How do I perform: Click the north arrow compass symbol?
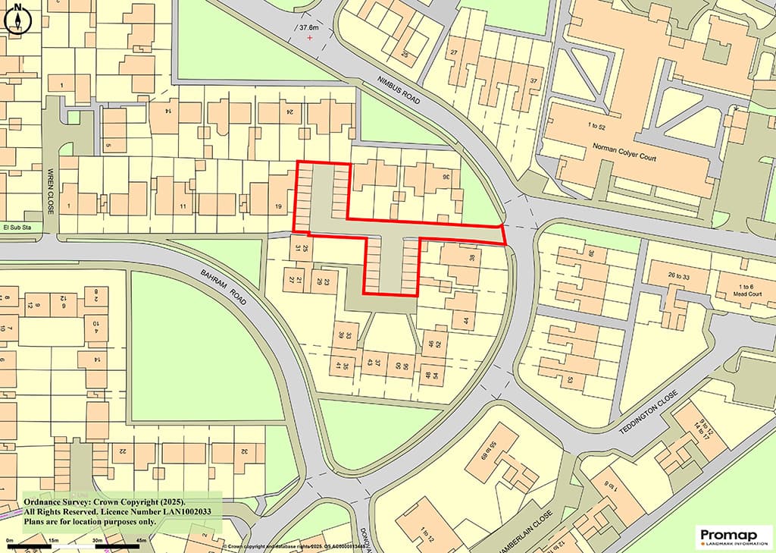click(x=17, y=19)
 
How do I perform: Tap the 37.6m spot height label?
click(x=309, y=28)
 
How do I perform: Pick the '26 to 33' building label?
click(x=665, y=277)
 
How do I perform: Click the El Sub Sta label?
click(x=16, y=226)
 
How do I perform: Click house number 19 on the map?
click(x=279, y=206)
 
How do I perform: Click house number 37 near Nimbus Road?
click(x=534, y=81)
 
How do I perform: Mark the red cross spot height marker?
click(x=309, y=37)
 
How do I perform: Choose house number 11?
click(x=183, y=206)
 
